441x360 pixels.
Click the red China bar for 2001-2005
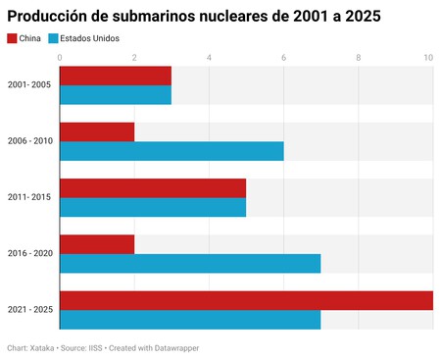coord(116,76)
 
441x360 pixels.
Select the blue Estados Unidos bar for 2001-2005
coord(116,94)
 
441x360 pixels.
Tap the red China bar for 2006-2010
coord(97,131)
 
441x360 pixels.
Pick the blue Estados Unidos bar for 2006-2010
coord(171,151)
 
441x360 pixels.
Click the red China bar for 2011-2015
coord(153,188)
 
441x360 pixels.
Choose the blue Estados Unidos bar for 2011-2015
coord(153,207)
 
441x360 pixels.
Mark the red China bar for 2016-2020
coord(97,244)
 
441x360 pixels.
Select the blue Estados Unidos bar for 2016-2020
coord(190,264)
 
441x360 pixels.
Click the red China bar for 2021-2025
coord(246,300)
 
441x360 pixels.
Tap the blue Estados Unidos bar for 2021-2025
coord(190,320)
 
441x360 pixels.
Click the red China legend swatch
coord(12,38)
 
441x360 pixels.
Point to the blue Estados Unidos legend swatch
coord(53,38)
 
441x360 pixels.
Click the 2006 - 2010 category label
coord(29,141)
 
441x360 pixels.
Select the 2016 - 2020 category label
coord(29,254)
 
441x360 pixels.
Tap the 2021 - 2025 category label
coord(29,310)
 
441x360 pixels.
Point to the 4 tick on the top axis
coord(209,57)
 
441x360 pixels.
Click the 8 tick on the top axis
coord(358,57)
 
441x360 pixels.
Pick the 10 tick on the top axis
coord(428,57)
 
